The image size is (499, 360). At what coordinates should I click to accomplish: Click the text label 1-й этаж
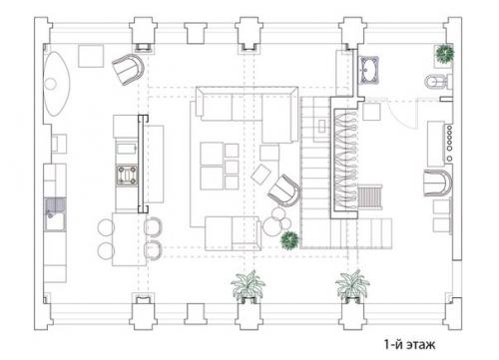[409, 344]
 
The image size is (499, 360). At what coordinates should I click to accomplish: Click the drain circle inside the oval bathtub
[51, 84]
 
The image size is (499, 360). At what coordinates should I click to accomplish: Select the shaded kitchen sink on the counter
[55, 214]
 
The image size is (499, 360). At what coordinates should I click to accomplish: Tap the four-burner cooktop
[127, 176]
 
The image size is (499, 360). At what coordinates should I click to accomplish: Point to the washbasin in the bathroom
[369, 71]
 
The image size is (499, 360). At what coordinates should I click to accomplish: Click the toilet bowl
[435, 82]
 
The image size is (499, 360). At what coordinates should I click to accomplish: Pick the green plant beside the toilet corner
[445, 53]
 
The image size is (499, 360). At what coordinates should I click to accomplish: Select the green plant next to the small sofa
[289, 240]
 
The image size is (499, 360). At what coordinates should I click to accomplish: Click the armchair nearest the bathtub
[128, 70]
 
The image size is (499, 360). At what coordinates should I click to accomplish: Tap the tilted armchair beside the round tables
[284, 190]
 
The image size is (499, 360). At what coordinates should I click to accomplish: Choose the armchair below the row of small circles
[438, 183]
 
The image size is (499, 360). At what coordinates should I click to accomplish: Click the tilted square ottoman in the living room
[261, 175]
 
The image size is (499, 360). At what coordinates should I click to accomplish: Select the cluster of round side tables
[277, 221]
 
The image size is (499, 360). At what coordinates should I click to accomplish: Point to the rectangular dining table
[129, 239]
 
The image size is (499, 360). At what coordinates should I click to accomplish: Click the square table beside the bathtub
[91, 56]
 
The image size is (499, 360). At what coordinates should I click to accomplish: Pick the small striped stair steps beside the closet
[370, 197]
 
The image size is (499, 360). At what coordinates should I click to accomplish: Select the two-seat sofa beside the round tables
[233, 233]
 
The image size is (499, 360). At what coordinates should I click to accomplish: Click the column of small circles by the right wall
[449, 144]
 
